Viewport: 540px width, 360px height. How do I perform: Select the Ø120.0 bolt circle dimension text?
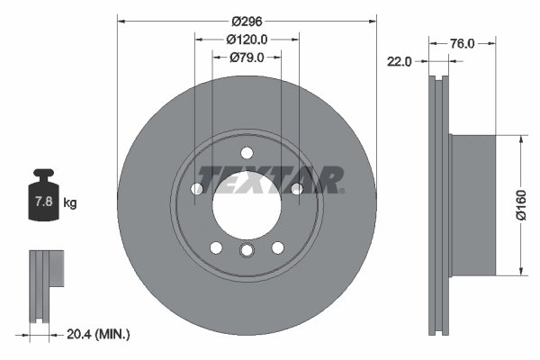[x=247, y=40]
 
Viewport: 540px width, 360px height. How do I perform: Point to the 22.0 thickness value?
[x=399, y=61]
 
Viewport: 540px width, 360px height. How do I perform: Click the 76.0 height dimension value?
[x=462, y=42]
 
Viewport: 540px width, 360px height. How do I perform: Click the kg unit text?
[x=70, y=203]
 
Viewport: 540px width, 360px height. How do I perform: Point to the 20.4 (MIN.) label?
[x=99, y=335]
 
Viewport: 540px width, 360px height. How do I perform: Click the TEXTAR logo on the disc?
[x=270, y=180]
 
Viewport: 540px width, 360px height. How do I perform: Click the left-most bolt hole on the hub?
[x=197, y=188]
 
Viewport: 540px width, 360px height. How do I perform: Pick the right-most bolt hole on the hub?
[x=296, y=188]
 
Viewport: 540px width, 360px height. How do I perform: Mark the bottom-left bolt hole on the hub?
[x=216, y=247]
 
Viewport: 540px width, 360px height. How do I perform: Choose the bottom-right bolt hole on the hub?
[x=277, y=247]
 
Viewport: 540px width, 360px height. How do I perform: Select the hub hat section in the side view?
[x=472, y=205]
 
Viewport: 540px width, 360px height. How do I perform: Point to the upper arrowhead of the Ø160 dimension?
[x=521, y=139]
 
